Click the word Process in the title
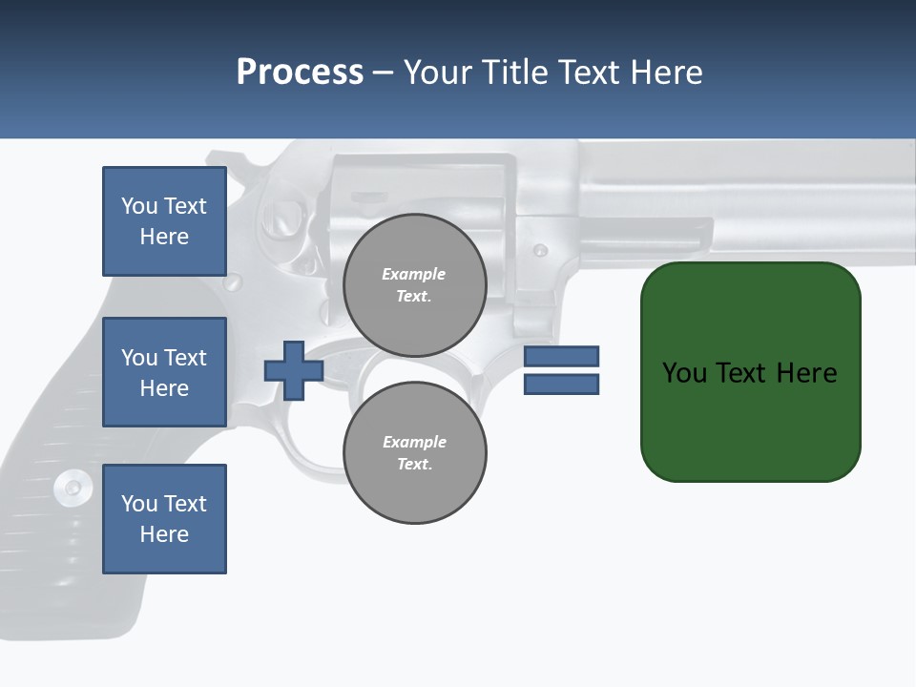pyautogui.click(x=300, y=73)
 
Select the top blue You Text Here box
pyautogui.click(x=164, y=221)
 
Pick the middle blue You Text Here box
pyautogui.click(x=164, y=372)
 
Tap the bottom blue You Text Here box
pyautogui.click(x=164, y=519)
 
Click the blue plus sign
pyautogui.click(x=294, y=371)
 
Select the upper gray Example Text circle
pyautogui.click(x=414, y=284)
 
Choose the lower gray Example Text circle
pyautogui.click(x=414, y=452)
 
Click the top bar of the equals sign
pyautogui.click(x=561, y=356)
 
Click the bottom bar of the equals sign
pyautogui.click(x=561, y=385)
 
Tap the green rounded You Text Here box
pyautogui.click(x=750, y=372)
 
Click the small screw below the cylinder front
pyautogui.click(x=540, y=251)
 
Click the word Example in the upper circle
pyautogui.click(x=413, y=274)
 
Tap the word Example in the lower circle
pyautogui.click(x=414, y=442)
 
